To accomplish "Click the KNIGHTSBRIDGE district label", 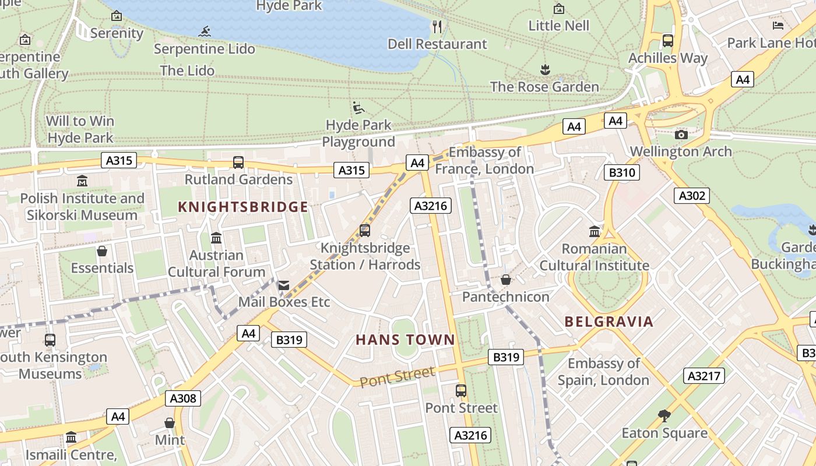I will pos(243,207).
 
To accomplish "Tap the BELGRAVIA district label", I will pos(609,322).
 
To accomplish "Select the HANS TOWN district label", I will pos(405,340).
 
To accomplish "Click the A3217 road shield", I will pos(704,376).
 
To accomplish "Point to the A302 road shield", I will pos(691,196).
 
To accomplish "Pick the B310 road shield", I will pos(622,172).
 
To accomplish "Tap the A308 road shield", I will pos(183,398).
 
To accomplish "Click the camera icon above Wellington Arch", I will pos(681,135).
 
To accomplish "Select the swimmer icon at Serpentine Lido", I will pos(205,31).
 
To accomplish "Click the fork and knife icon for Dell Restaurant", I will pos(437,27).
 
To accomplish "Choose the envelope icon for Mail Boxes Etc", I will pos(284,285).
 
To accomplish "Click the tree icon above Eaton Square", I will pos(664,416).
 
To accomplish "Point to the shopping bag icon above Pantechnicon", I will pos(506,280).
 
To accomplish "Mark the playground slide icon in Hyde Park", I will pos(358,108).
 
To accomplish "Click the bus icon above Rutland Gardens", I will pos(238,163).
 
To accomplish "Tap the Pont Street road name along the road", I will pos(398,377).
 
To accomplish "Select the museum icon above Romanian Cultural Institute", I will pos(595,232).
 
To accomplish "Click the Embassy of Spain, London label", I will pos(603,372).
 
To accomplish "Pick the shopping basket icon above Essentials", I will pos(102,251).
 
